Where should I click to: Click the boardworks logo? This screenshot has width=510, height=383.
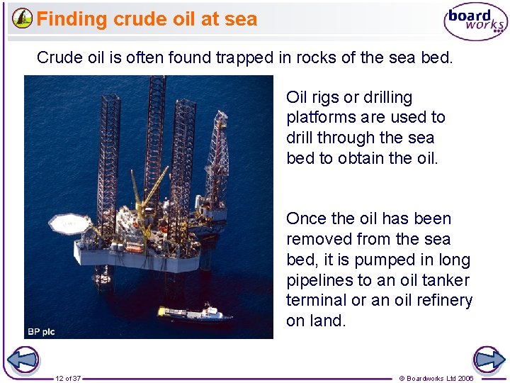475,22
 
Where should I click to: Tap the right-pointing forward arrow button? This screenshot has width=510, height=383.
488,360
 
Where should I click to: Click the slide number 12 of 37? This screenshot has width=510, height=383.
68,378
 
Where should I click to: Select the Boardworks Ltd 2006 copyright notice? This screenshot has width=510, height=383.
436,378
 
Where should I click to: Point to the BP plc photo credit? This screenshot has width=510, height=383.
41,331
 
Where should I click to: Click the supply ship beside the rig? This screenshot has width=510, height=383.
194,313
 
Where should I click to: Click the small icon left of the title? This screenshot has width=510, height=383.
23,18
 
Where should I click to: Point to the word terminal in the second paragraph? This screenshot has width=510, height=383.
316,300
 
